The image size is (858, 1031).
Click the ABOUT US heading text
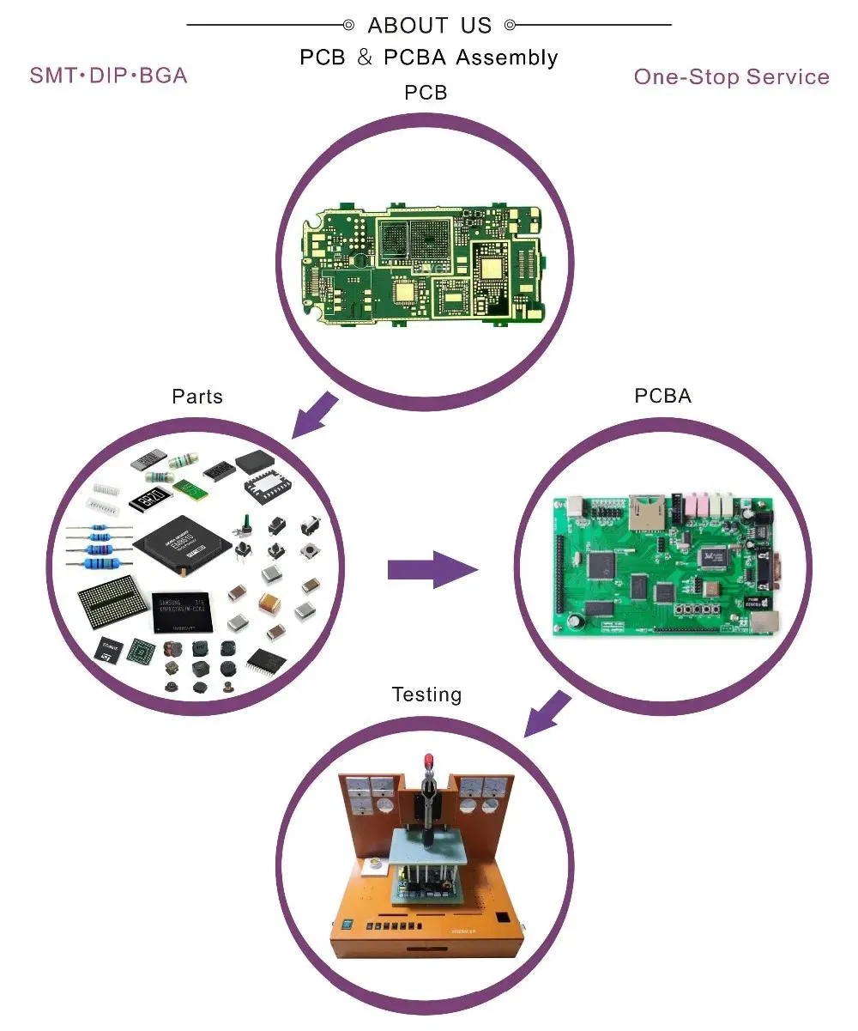[x=429, y=25]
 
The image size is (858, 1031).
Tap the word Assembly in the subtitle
[x=506, y=58]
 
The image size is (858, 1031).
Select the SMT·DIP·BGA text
[x=108, y=75]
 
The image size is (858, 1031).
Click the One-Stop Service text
[x=731, y=76]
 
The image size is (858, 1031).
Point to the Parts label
[x=196, y=396]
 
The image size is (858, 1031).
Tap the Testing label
[x=426, y=694]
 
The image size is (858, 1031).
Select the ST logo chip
[x=109, y=651]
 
